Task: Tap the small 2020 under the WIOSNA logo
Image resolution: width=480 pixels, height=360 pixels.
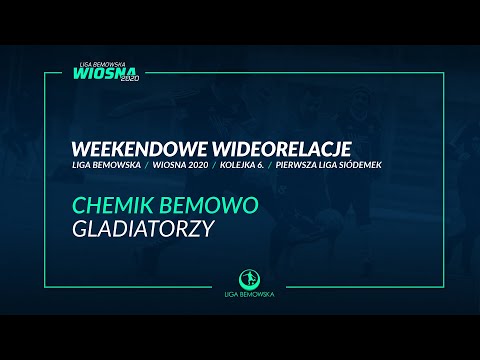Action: pos(131,93)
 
